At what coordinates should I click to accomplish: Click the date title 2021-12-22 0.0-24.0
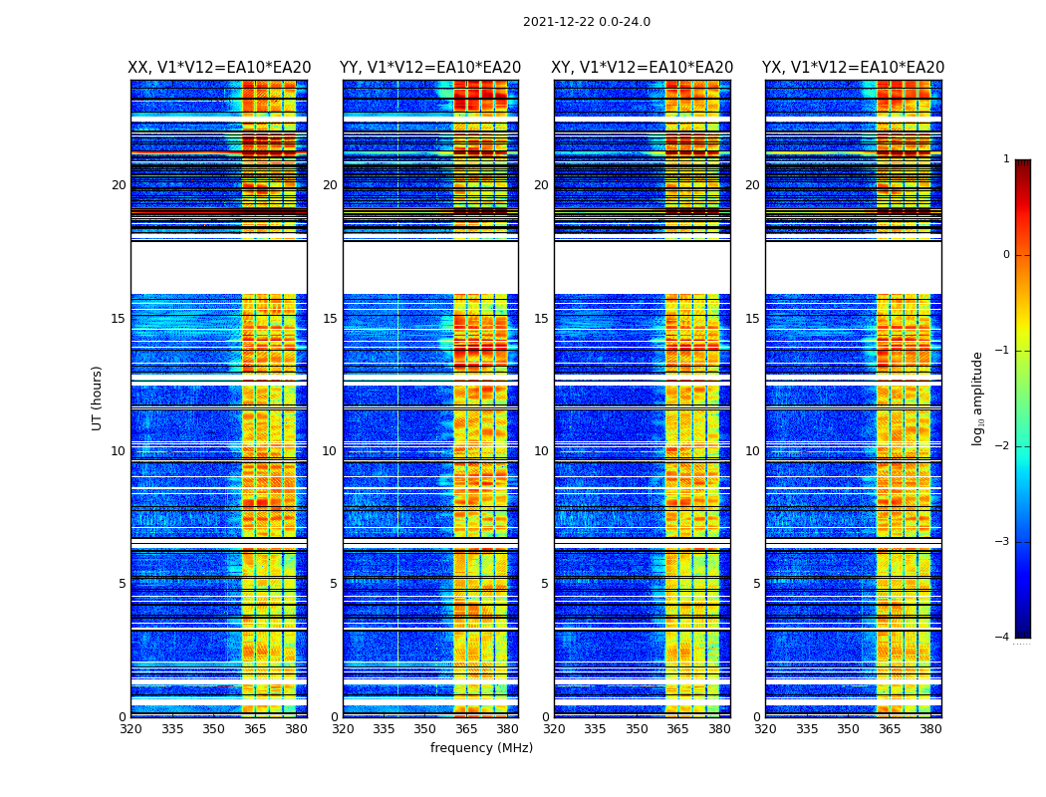coord(586,22)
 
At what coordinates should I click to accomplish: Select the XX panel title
coord(219,68)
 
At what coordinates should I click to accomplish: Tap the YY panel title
coord(430,68)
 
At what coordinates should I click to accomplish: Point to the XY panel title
coord(643,68)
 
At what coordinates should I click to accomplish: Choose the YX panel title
coord(854,68)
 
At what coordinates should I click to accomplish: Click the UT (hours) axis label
coord(98,398)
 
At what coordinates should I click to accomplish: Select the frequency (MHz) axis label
coord(481,748)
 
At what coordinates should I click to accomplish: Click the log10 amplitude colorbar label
coord(978,398)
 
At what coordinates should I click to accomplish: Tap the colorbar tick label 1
coord(1006,159)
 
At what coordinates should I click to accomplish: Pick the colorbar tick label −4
coord(1003,638)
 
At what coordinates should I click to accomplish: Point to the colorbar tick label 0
coord(1006,255)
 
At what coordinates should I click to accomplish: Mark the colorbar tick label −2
coord(1003,446)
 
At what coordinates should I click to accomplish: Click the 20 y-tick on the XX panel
coord(119,185)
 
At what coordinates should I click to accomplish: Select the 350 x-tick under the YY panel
coord(425,729)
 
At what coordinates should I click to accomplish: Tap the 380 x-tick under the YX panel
coord(930,729)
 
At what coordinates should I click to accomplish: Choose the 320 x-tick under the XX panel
coord(131,729)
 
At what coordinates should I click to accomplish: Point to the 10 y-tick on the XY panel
coord(541,451)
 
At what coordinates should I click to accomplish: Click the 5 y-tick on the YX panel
coord(756,584)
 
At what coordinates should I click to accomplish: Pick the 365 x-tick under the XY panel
coord(677,729)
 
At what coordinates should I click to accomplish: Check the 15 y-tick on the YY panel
coord(330,319)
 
